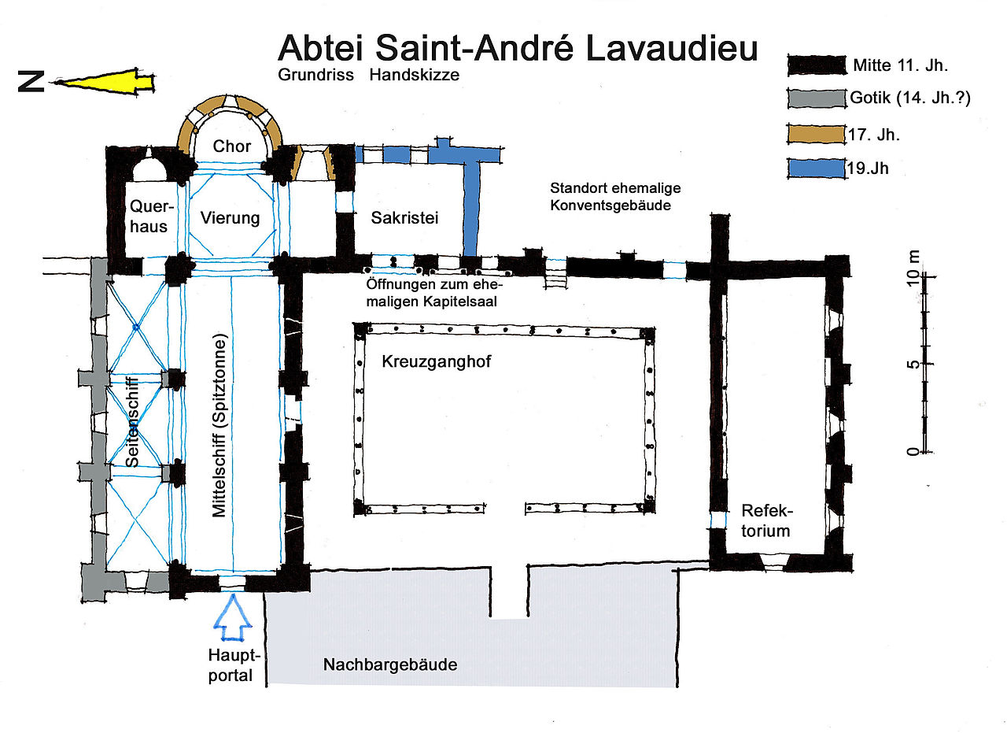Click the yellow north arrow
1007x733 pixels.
[x=102, y=82]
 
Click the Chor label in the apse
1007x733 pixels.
[x=232, y=146]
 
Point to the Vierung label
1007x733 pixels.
[x=230, y=217]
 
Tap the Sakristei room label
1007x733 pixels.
[x=404, y=217]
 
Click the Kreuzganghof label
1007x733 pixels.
[x=431, y=361]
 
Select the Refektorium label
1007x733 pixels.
[x=765, y=520]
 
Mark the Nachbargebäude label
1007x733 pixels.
[x=390, y=665]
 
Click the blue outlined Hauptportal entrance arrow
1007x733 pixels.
[x=234, y=618]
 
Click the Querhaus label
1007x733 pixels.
[x=148, y=217]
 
